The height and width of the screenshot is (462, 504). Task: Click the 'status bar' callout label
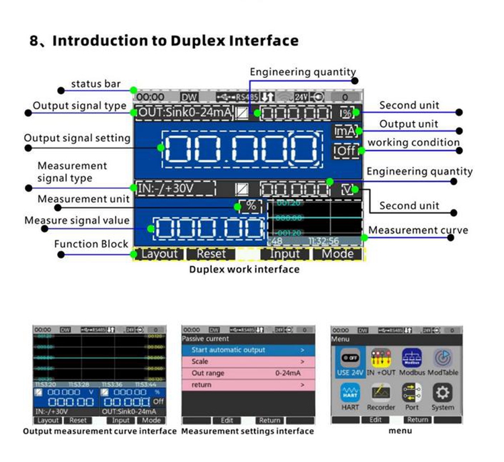96,84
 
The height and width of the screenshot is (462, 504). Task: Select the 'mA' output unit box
345,132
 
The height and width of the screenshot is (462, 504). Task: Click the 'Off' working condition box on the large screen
345,150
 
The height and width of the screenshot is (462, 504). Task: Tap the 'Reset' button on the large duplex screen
211,254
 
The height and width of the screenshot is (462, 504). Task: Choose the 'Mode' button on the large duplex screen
337,254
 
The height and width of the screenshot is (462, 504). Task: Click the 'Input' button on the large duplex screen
284,254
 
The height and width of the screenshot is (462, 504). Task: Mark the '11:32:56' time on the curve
324,240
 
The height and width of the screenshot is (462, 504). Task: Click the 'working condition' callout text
413,142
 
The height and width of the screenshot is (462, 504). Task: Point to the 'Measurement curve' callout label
418,230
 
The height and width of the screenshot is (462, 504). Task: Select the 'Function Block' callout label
91,244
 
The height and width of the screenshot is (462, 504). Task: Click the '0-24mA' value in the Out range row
288,373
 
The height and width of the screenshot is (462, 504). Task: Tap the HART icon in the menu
350,397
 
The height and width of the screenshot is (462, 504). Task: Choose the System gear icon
442,397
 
